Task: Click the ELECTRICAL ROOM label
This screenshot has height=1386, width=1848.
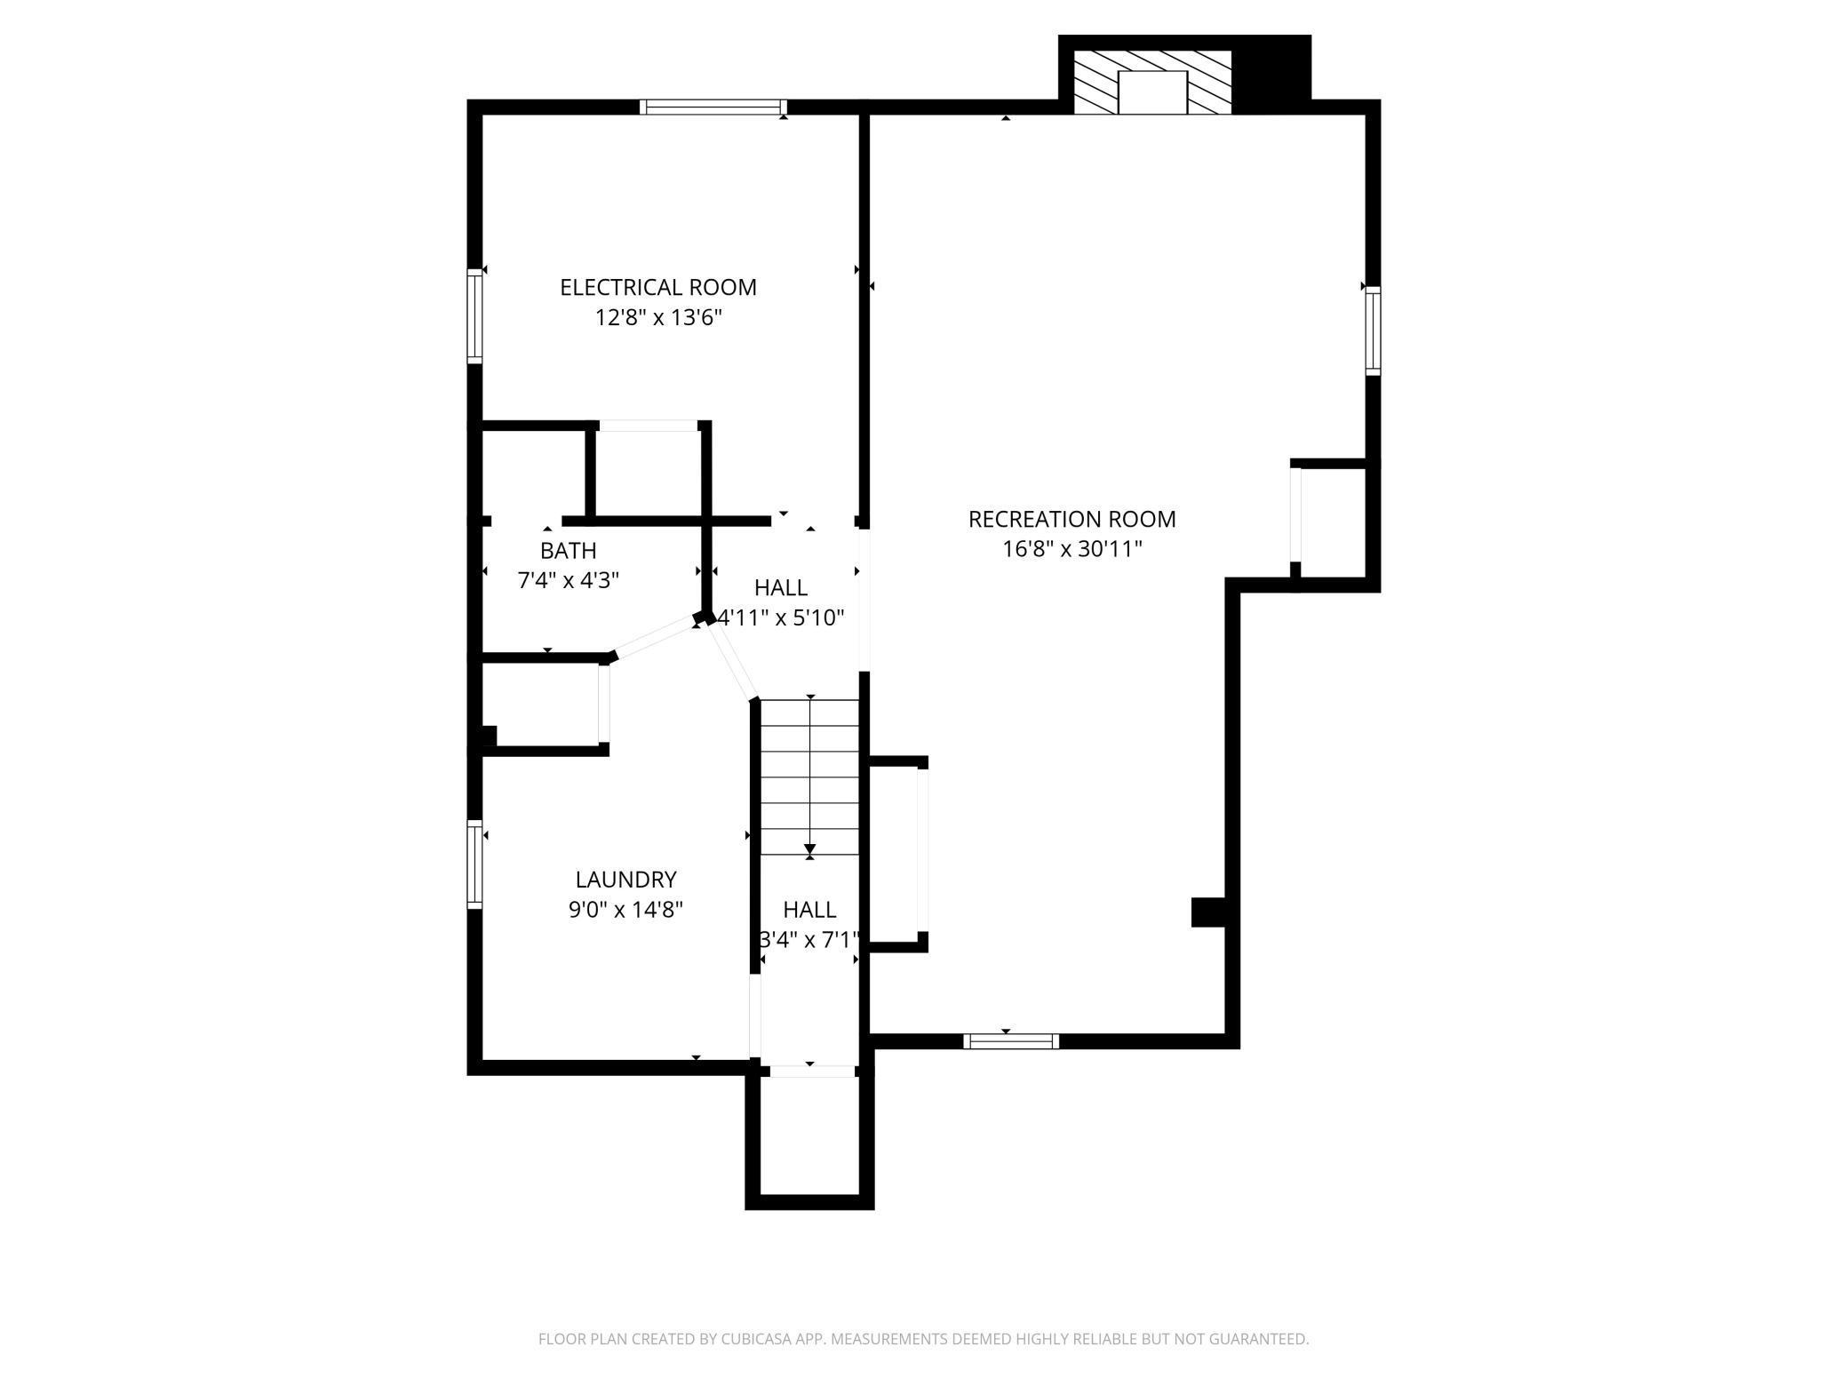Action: (657, 288)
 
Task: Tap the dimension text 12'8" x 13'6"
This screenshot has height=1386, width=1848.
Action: (657, 318)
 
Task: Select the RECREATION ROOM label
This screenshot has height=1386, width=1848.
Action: (1071, 519)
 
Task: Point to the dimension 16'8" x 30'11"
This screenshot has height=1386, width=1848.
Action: (1071, 549)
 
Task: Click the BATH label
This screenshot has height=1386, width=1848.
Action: (568, 550)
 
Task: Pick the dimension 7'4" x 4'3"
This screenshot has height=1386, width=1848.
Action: (568, 581)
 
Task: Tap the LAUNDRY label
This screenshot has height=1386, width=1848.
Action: (625, 880)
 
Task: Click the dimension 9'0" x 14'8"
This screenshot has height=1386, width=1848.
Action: (625, 910)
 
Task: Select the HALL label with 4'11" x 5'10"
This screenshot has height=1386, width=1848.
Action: (780, 587)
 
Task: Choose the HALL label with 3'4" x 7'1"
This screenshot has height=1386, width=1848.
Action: (808, 910)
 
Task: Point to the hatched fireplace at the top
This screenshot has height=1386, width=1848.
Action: (1152, 82)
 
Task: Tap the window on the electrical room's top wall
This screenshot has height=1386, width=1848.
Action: (713, 108)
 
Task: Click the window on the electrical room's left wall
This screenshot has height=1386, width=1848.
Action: (475, 315)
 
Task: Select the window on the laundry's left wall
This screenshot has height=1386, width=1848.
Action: (475, 864)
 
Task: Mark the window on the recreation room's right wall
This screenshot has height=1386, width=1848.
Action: (1373, 331)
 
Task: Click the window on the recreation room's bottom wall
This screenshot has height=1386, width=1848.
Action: (1011, 1041)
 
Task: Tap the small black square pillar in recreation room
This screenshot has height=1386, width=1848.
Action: (1207, 912)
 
